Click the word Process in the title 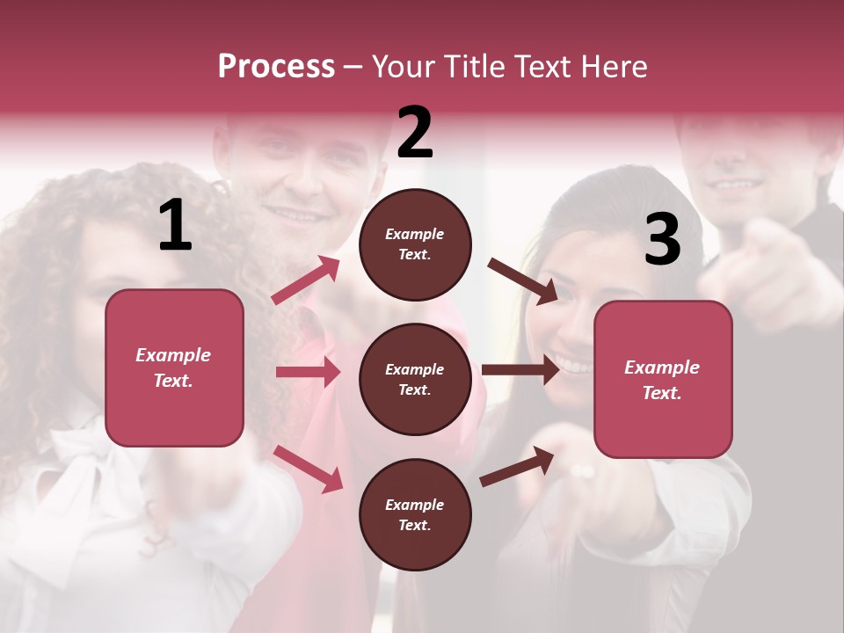(x=276, y=67)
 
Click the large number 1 (x=175, y=227)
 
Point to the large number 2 (x=415, y=133)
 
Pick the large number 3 (x=662, y=241)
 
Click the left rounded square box (x=174, y=367)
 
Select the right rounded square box (x=663, y=380)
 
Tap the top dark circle (x=415, y=244)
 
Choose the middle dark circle (x=415, y=379)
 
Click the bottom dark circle (x=415, y=514)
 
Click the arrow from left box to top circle (x=306, y=280)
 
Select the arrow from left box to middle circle (x=308, y=372)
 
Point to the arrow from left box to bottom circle (x=308, y=468)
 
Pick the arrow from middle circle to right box (x=520, y=369)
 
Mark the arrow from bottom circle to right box (x=517, y=467)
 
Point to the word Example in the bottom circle (x=415, y=505)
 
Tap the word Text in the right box (x=661, y=393)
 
